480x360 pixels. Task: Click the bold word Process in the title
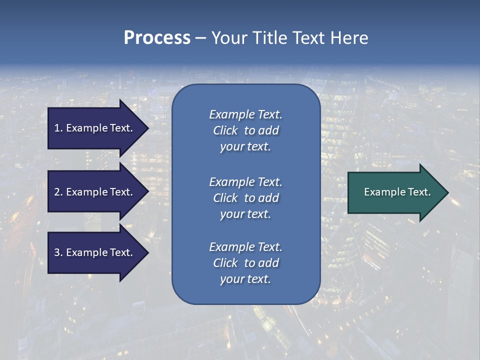[157, 38]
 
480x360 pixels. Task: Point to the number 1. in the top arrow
[58, 128]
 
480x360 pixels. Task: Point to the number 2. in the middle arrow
[58, 192]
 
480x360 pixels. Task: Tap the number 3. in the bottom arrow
[58, 253]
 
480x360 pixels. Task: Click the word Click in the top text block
[225, 131]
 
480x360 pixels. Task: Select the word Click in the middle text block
[225, 198]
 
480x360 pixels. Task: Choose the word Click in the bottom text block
[225, 263]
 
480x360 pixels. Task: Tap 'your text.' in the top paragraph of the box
[245, 147]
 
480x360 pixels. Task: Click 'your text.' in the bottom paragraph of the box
[245, 279]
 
